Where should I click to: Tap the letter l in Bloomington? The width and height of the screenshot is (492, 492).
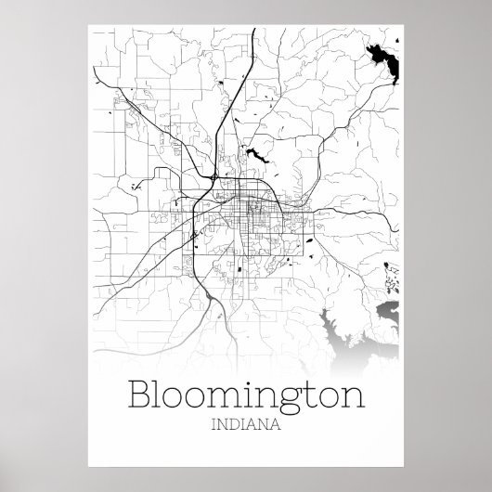[x=160, y=371]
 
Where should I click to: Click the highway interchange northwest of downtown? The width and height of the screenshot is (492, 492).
[x=214, y=174]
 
